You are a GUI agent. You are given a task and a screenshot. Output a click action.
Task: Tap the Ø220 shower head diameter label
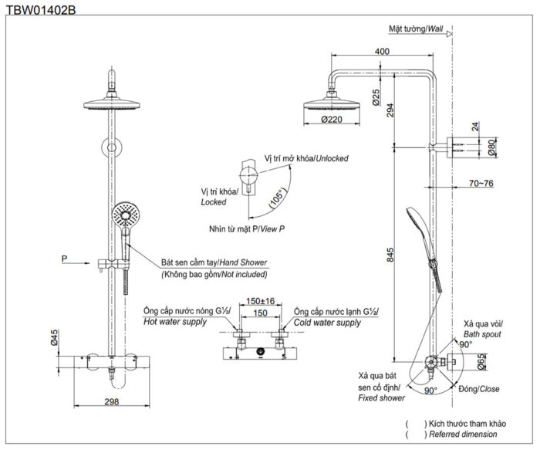[x=332, y=119]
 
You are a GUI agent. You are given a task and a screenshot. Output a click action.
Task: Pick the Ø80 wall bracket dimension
[x=491, y=146]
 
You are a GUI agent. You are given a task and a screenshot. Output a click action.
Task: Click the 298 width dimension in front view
[x=113, y=402]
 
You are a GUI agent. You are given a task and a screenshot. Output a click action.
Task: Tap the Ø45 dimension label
[x=55, y=338]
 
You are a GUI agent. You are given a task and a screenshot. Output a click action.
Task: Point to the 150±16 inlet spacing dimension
[x=260, y=301]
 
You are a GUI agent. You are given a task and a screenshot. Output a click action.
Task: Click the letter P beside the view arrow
[x=65, y=256]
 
